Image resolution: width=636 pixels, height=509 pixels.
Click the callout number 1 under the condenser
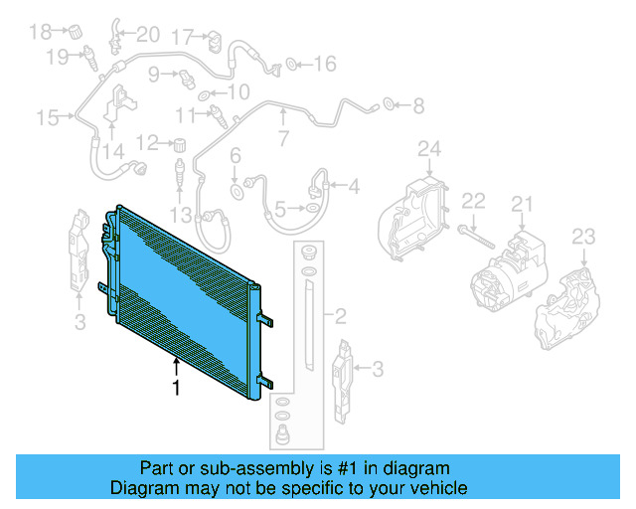tap(177, 389)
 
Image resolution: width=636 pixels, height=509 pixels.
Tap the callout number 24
tap(428, 150)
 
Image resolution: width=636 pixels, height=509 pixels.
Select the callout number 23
tap(583, 237)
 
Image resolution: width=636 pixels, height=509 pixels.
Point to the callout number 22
tap(474, 201)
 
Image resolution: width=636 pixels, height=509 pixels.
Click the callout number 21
tap(523, 205)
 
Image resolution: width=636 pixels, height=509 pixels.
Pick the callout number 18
tap(40, 32)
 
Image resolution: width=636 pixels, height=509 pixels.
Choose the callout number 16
tap(326, 65)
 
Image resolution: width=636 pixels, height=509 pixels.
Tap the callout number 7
tap(283, 138)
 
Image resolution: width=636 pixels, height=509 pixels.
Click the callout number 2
tap(340, 318)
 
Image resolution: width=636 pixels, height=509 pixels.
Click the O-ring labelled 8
tap(389, 102)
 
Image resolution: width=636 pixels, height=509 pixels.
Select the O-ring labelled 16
tap(292, 66)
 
